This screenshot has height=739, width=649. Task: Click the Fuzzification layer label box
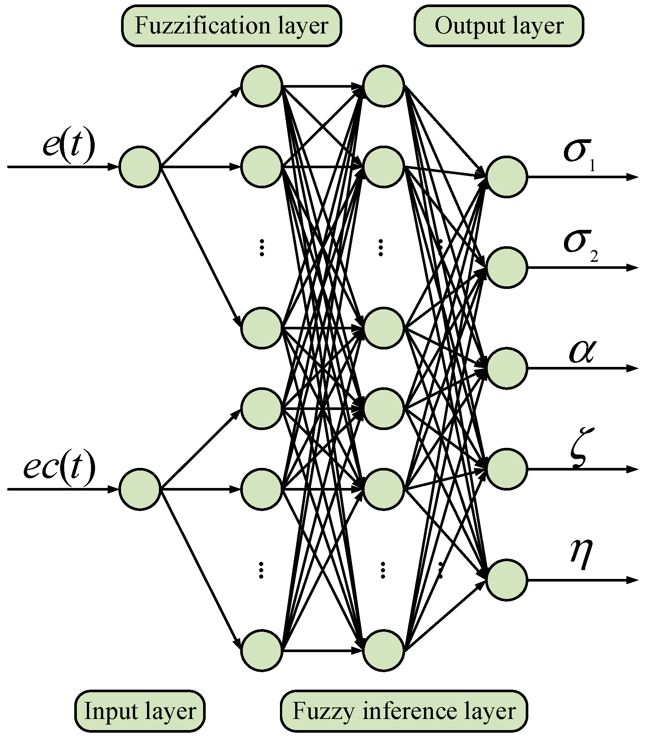click(231, 26)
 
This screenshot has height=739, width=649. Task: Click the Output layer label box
click(499, 26)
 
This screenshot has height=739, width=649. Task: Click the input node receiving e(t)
click(140, 167)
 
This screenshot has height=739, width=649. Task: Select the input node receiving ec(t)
click(140, 489)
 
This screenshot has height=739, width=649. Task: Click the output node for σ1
click(507, 177)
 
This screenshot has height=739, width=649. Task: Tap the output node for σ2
click(507, 267)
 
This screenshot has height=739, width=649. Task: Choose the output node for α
click(507, 368)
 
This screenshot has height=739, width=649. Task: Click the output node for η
click(507, 579)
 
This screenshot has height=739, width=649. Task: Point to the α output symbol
click(581, 351)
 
